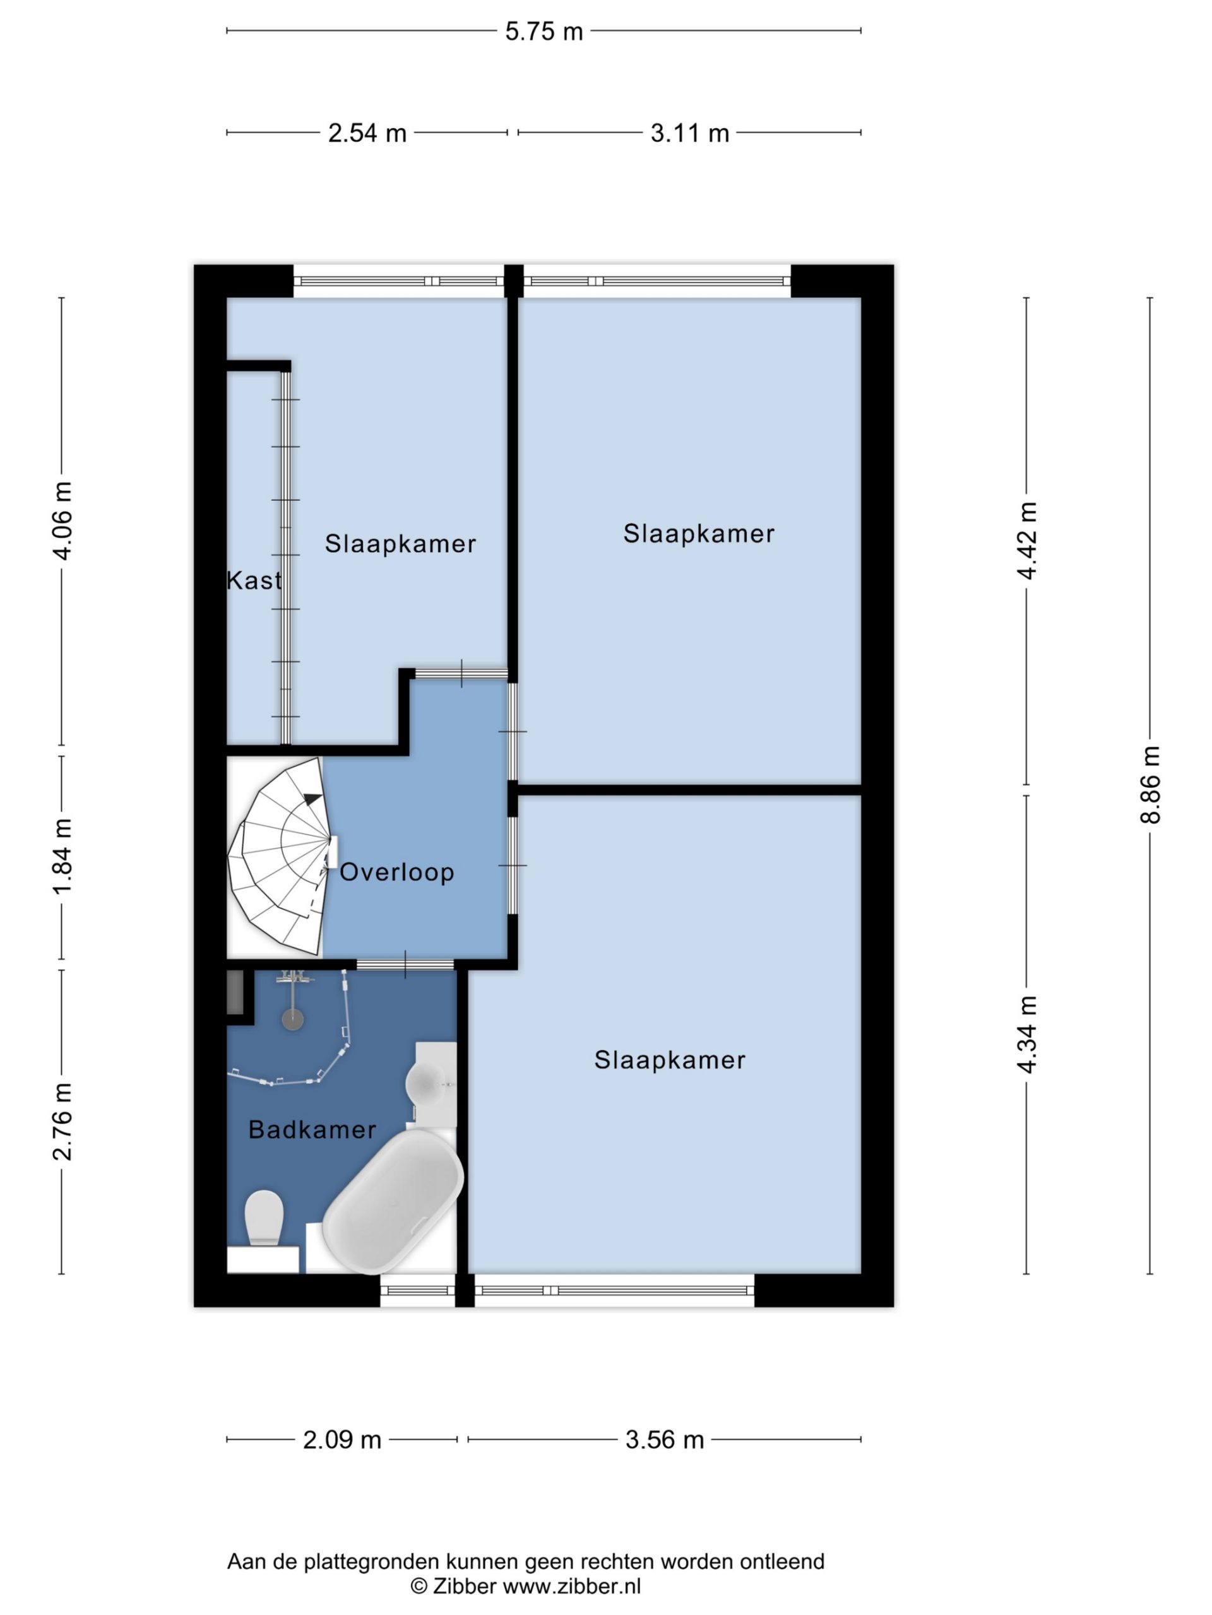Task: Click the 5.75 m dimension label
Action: pyautogui.click(x=544, y=32)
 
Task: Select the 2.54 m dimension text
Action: pyautogui.click(x=367, y=133)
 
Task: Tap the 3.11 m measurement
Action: pyautogui.click(x=690, y=133)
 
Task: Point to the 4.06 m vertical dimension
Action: pyautogui.click(x=63, y=520)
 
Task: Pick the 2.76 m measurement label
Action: pyautogui.click(x=63, y=1122)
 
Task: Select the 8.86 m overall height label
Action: pyautogui.click(x=1151, y=785)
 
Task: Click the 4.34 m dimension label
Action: pyautogui.click(x=1027, y=1035)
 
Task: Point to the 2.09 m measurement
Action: pyautogui.click(x=342, y=1440)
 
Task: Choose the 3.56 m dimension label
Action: pyautogui.click(x=664, y=1440)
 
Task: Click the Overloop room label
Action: pyautogui.click(x=396, y=872)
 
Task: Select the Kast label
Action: pyautogui.click(x=254, y=580)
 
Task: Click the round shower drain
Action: pyautogui.click(x=293, y=1020)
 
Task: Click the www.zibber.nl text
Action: pyautogui.click(x=572, y=1587)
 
